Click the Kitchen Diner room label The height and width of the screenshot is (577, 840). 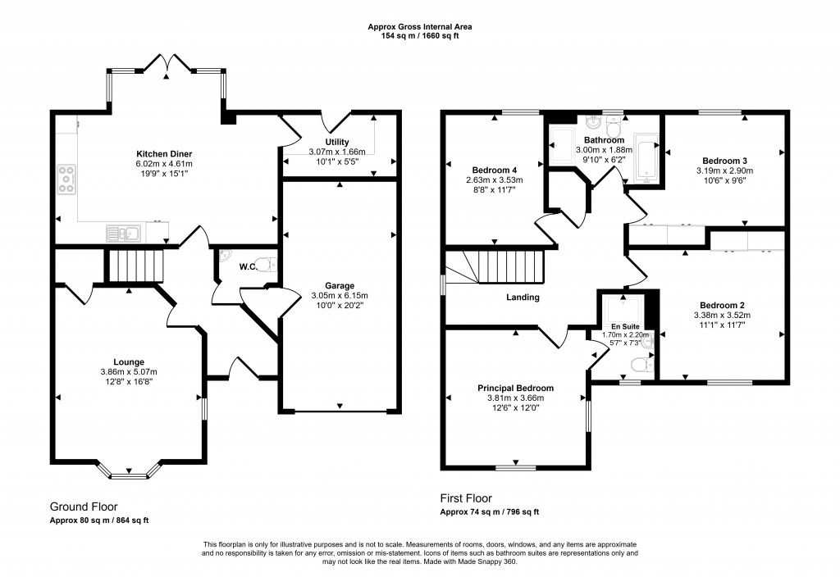click(x=164, y=154)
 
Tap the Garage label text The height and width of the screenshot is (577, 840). click(x=338, y=286)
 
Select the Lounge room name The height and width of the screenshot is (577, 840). click(x=129, y=361)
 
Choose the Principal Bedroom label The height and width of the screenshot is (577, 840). click(x=515, y=388)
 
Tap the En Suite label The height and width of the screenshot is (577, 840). click(x=624, y=326)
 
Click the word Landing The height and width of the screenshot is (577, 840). click(x=523, y=298)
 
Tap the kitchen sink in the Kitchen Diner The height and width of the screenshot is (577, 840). click(x=123, y=234)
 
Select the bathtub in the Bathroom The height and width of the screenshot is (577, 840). click(x=647, y=156)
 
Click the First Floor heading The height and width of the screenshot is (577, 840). click(x=466, y=497)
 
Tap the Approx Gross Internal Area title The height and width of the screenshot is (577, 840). click(x=419, y=27)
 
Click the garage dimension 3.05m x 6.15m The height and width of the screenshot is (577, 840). click(x=338, y=296)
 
